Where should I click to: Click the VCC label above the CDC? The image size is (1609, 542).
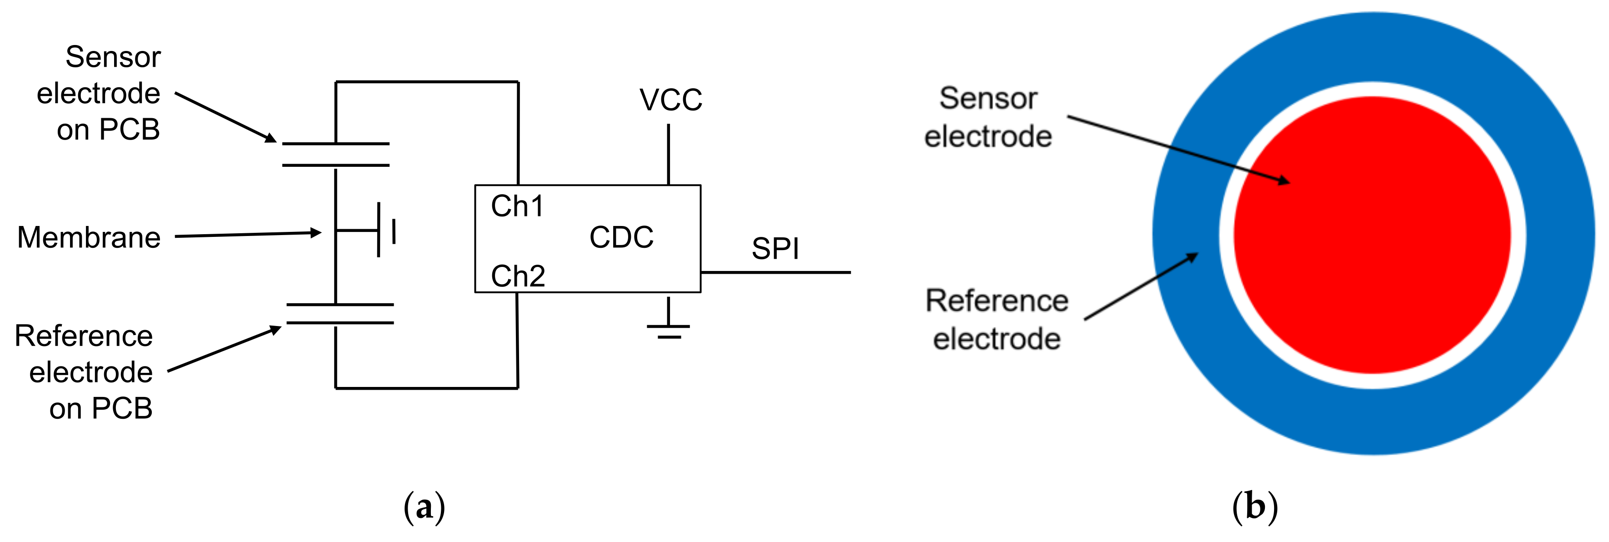click(670, 100)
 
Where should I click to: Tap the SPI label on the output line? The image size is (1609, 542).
click(775, 249)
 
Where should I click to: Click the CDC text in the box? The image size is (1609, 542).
click(621, 237)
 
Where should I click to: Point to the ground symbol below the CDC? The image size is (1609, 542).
click(668, 326)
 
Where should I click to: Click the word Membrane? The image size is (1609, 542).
click(89, 237)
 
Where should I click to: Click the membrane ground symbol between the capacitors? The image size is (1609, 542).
click(379, 230)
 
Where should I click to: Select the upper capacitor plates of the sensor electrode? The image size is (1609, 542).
click(335, 155)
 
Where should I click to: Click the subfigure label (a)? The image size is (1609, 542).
click(424, 507)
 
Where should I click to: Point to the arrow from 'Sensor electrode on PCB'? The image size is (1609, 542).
click(225, 117)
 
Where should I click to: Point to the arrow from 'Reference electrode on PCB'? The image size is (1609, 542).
click(225, 349)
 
